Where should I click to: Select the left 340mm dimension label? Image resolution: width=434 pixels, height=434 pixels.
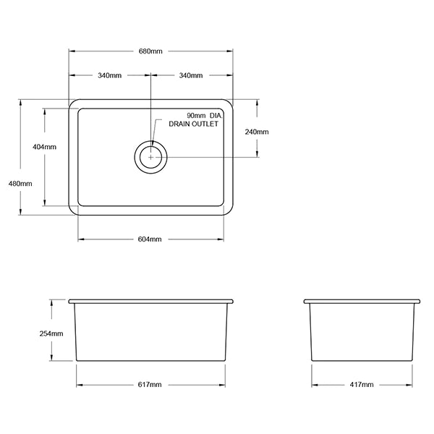click(x=109, y=76)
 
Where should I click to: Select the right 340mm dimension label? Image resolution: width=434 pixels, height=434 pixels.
click(x=190, y=76)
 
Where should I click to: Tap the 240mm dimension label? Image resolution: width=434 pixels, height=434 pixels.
click(x=257, y=132)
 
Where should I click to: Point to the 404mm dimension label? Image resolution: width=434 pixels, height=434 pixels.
click(x=44, y=147)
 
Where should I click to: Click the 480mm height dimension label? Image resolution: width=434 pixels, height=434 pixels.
click(x=20, y=183)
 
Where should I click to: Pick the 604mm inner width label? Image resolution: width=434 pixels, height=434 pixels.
click(x=150, y=239)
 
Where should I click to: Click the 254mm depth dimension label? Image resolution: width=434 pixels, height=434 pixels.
click(x=52, y=333)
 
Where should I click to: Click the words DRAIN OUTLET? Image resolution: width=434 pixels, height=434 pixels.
click(x=193, y=124)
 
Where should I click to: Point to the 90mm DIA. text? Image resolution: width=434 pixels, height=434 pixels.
click(x=202, y=116)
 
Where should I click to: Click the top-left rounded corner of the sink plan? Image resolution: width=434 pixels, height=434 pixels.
click(x=72, y=103)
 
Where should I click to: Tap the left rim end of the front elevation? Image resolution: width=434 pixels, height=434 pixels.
click(x=69, y=300)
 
